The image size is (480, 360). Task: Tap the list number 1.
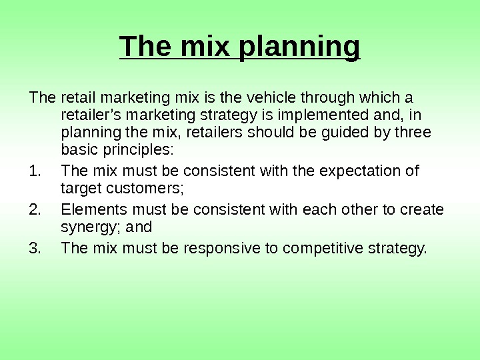pos(35,171)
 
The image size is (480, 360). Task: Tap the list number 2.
pos(35,210)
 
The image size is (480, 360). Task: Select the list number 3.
pos(35,249)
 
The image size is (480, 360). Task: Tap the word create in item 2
pos(421,210)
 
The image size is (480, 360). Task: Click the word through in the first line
pos(323,98)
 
